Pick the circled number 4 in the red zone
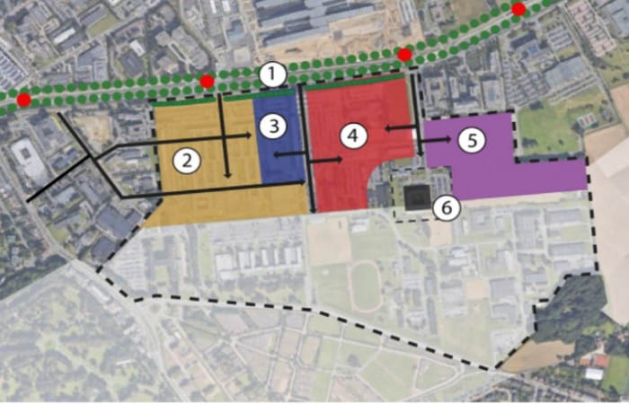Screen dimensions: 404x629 click(353, 136)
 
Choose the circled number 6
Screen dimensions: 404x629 click(447, 207)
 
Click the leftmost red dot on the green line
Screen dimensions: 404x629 click(23, 99)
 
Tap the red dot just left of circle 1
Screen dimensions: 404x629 click(208, 81)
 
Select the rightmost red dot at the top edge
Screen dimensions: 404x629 click(518, 9)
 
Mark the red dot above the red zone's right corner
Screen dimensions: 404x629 click(404, 55)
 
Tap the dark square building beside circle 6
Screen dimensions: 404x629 click(415, 198)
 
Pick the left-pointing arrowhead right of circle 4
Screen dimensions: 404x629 click(387, 129)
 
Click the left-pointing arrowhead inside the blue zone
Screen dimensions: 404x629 click(277, 155)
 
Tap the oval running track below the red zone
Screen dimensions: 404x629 click(365, 286)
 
